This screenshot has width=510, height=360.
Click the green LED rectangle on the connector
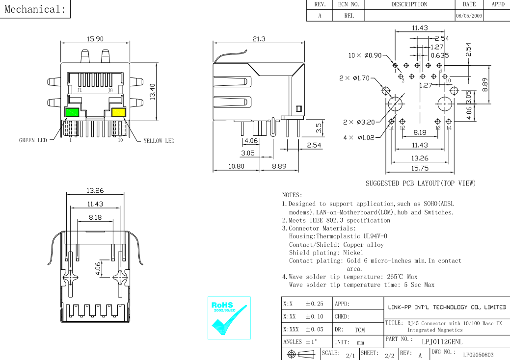(72, 112)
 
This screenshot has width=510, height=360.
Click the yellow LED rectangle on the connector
(118, 112)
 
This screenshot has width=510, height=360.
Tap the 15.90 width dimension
(95, 39)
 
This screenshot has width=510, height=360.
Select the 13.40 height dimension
(152, 92)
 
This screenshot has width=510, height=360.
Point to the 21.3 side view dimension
(259, 39)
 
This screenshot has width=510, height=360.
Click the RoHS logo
(229, 318)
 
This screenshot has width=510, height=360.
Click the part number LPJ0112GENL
(442, 341)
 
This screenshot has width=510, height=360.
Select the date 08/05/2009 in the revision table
(469, 16)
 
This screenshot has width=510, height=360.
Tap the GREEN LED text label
(33, 140)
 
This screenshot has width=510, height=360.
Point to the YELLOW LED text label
(159, 141)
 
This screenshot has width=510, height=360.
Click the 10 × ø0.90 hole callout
(365, 55)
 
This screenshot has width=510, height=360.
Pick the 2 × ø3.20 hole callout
(359, 122)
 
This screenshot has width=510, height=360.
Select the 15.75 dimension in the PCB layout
(420, 168)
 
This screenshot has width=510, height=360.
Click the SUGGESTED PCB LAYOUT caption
(421, 183)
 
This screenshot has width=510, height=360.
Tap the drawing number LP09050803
(478, 355)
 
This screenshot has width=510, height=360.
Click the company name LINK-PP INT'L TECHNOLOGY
(447, 307)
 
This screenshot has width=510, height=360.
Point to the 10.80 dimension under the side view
(236, 166)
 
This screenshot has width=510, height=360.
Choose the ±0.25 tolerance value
(314, 304)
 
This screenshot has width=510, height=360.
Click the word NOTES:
(292, 195)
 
